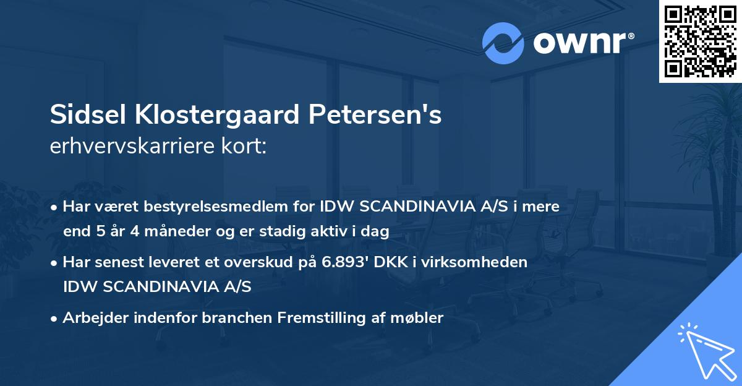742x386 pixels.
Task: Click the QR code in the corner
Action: pyautogui.click(x=700, y=41)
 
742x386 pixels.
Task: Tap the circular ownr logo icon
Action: pyautogui.click(x=503, y=43)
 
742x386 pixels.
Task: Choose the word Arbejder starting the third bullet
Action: pyautogui.click(x=92, y=318)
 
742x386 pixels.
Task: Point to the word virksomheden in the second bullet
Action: pyautogui.click(x=489, y=262)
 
